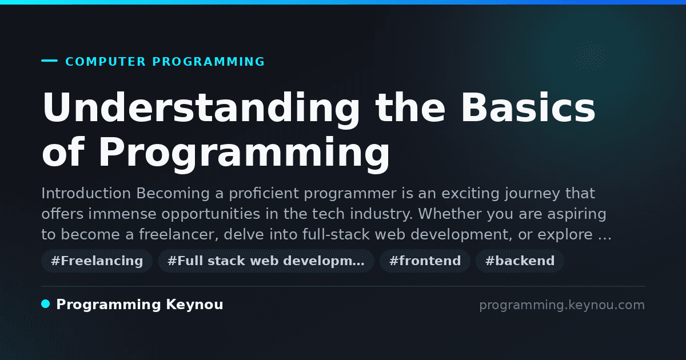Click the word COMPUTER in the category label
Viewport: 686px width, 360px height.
(105, 62)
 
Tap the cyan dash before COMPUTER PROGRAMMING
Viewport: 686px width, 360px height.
(49, 61)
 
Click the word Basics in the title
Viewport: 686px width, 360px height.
(528, 107)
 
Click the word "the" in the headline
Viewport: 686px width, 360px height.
(410, 107)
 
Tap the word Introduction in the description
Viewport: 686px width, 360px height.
(86, 193)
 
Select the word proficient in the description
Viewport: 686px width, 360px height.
(264, 194)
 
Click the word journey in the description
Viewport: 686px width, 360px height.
(532, 194)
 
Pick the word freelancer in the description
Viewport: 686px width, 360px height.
(178, 234)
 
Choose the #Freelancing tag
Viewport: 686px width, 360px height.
(97, 261)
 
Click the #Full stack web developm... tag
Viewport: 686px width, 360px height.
(266, 261)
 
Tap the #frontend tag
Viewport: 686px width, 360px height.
(425, 261)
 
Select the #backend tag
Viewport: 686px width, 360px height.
(520, 261)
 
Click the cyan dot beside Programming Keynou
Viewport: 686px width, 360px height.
(45, 304)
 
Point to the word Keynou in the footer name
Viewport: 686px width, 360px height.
(194, 305)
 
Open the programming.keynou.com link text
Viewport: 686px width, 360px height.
(562, 305)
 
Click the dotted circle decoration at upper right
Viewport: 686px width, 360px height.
(591, 56)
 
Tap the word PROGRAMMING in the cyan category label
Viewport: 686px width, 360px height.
(208, 62)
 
